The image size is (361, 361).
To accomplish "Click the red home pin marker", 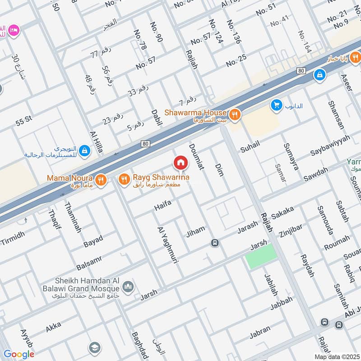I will pyautogui.click(x=180, y=163).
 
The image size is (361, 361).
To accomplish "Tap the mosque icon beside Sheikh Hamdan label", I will pyautogui.click(x=129, y=287).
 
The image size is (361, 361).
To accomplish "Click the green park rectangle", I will pyautogui.click(x=261, y=256).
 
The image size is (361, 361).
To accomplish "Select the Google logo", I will pyautogui.click(x=19, y=354).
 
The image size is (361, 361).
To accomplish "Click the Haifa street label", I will pyautogui.click(x=163, y=205).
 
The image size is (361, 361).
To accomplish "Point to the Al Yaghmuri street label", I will pyautogui.click(x=162, y=245).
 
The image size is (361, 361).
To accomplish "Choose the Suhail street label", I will pyautogui.click(x=250, y=146).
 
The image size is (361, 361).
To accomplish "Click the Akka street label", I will pyautogui.click(x=53, y=327).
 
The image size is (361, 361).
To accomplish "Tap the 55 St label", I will pyautogui.click(x=25, y=122).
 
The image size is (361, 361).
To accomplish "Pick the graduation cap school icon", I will pyautogui.click(x=94, y=347).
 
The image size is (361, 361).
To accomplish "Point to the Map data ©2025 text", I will pyautogui.click(x=336, y=356).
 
